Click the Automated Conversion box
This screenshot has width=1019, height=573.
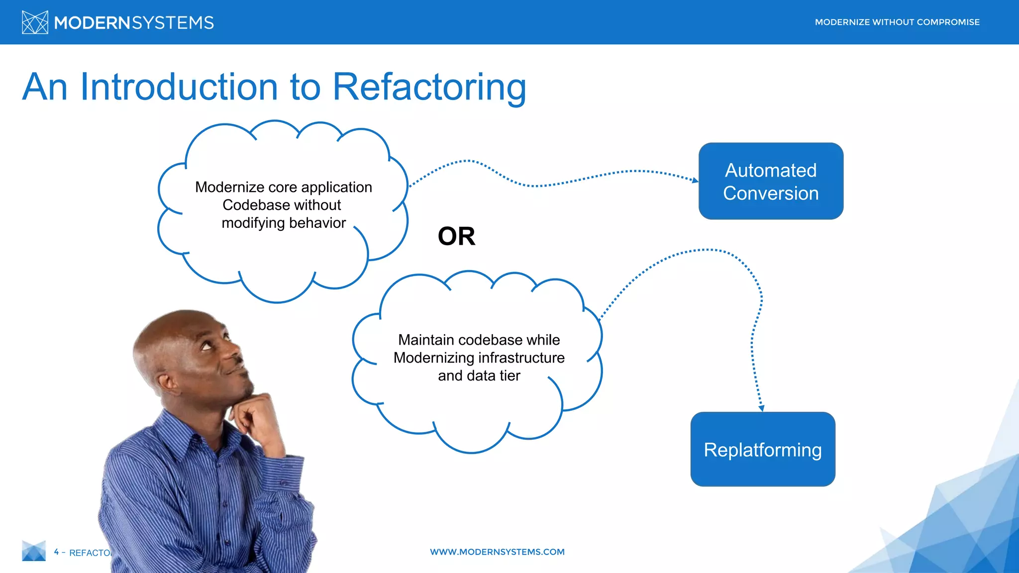coord(771,181)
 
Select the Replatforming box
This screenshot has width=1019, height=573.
coord(763,449)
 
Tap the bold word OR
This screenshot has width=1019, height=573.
coord(456,236)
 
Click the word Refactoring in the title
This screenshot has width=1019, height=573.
coord(429,87)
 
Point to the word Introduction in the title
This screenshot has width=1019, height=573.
coord(179,87)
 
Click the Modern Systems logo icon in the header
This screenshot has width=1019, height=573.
coord(35,22)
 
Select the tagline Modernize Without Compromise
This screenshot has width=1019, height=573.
coord(897,22)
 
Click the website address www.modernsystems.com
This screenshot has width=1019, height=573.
coord(497,552)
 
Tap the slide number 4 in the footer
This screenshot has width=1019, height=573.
coord(56,552)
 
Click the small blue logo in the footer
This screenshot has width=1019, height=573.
coord(34,551)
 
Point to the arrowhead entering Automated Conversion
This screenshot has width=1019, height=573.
coord(695,180)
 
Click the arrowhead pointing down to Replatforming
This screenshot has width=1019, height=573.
coord(761,408)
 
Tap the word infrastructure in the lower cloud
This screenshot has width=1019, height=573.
coord(521,358)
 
